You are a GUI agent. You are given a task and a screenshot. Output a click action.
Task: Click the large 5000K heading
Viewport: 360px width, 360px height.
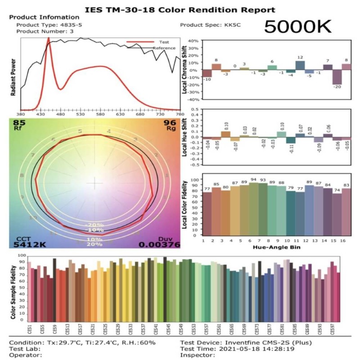297,27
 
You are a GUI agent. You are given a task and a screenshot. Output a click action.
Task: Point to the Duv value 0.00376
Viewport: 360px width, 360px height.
159,244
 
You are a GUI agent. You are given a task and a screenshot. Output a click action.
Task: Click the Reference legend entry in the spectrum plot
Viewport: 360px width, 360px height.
164,48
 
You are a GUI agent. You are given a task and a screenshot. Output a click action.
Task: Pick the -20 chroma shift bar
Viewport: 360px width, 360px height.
337,78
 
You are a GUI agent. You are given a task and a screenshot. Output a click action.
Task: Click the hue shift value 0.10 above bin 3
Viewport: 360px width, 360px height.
226,126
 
